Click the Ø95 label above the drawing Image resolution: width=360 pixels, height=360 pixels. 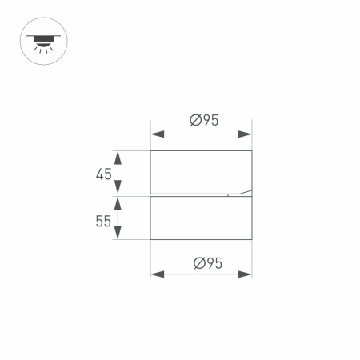point(204,121)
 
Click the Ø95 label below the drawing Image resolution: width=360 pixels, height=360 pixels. point(206,262)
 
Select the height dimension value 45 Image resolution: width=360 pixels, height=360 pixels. point(103,174)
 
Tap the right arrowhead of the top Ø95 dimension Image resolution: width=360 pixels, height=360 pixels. point(246,133)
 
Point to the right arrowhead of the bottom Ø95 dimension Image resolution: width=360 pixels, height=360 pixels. point(246,274)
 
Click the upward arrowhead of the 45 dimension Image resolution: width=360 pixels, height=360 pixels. point(118,156)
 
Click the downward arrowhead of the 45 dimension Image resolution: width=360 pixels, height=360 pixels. point(118,188)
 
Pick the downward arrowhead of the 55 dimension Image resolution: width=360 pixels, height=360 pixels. point(118,234)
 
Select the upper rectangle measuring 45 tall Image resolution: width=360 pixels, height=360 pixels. point(201,171)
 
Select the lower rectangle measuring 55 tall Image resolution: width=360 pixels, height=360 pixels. point(201,218)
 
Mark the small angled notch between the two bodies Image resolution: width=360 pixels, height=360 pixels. point(239,192)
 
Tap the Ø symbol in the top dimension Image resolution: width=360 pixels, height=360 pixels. point(195,121)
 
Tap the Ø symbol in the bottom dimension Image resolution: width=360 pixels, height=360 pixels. point(196,262)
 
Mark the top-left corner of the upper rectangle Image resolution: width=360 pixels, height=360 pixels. point(151,150)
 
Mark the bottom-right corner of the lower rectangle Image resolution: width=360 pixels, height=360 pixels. point(252,239)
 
